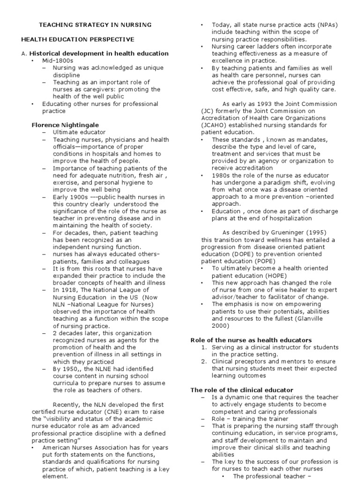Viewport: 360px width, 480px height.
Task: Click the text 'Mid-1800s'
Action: [x=58, y=61]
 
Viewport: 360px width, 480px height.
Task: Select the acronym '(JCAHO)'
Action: [x=214, y=125]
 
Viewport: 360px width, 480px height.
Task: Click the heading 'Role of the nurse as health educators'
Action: [x=251, y=340]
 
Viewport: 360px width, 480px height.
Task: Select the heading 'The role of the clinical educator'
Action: [x=241, y=390]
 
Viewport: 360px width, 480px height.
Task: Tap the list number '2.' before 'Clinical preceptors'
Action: [x=204, y=361]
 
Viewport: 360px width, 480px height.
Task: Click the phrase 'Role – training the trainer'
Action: [x=250, y=419]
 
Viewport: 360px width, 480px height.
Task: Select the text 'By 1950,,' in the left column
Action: [x=67, y=369]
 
